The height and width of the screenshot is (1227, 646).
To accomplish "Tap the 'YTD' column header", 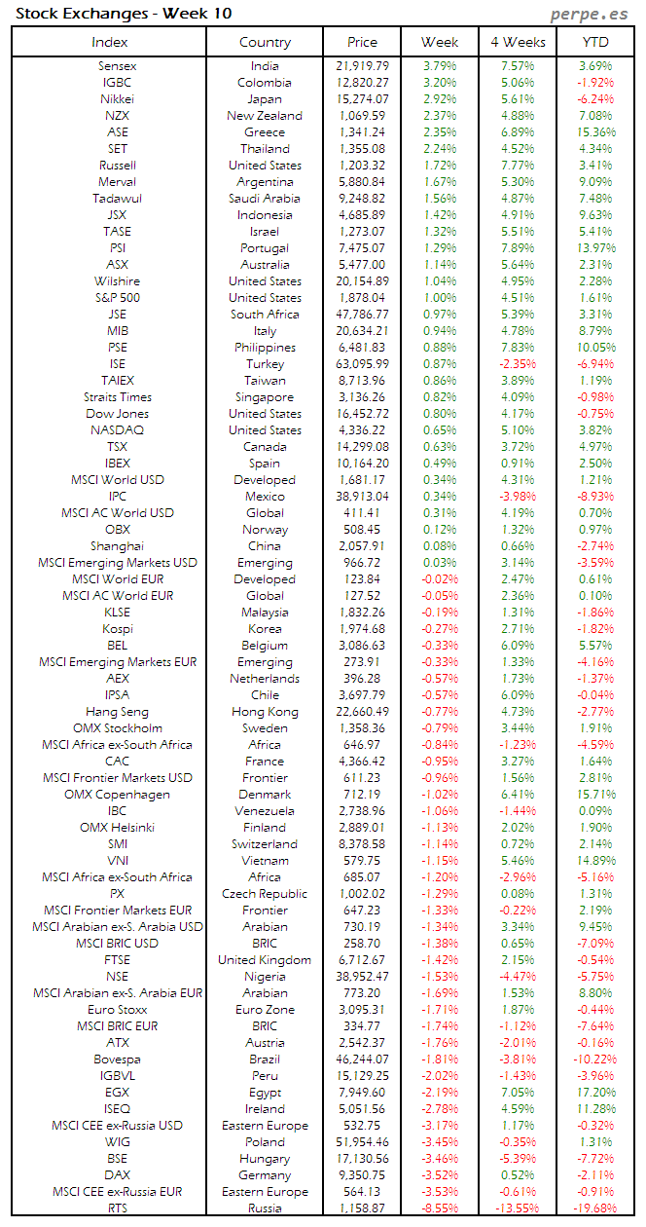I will (595, 42).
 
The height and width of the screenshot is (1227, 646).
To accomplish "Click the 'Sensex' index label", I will (118, 66).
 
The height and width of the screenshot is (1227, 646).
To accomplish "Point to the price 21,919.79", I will (361, 66).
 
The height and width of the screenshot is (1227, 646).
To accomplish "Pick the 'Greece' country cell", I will (265, 132).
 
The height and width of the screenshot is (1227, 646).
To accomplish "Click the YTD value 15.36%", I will (595, 132).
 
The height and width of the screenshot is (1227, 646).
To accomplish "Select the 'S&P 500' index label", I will (118, 298).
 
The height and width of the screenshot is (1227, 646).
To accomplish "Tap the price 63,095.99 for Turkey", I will (361, 364).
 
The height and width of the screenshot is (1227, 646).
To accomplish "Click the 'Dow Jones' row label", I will (118, 414).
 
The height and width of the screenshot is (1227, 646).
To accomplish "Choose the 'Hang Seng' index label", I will (118, 712).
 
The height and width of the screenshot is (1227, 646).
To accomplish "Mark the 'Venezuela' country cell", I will (265, 811).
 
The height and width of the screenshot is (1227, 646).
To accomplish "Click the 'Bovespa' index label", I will (118, 1060).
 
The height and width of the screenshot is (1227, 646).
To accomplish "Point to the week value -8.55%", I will (440, 1208).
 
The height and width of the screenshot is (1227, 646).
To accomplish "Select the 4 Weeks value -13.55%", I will (517, 1208).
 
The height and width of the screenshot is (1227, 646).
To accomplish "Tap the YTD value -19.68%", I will (595, 1208).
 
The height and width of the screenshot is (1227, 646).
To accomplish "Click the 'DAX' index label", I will (118, 1175).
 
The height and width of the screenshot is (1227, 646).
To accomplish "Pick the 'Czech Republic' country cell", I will (265, 894).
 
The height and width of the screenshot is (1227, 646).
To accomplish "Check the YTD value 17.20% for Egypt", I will (595, 1093).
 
